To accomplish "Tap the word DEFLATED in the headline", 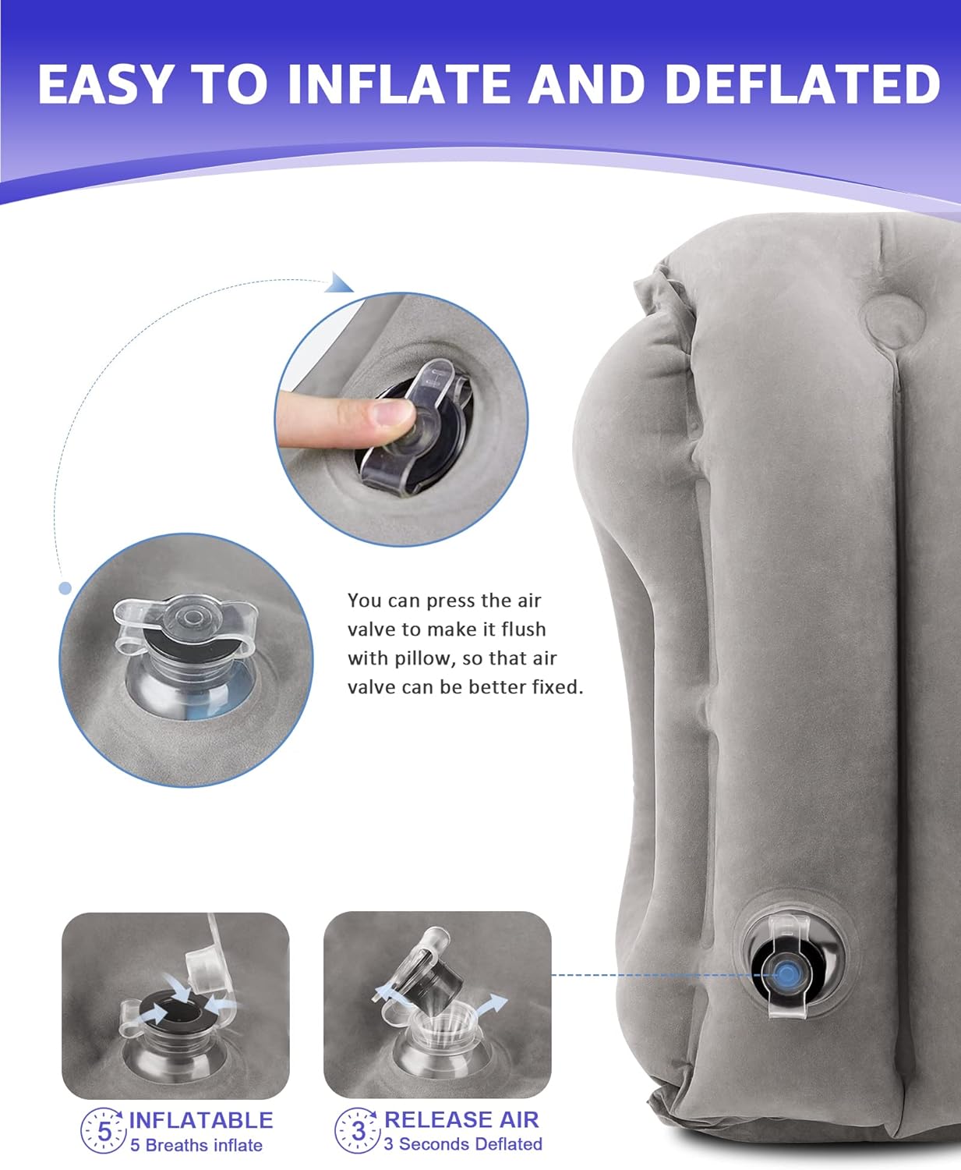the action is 803,84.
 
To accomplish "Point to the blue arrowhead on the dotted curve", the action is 339,283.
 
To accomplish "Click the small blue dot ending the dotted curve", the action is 65,588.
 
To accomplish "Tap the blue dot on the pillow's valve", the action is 786,988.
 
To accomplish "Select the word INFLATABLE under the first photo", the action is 200,1120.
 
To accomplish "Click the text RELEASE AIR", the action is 461,1119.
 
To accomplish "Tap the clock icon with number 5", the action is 104,1131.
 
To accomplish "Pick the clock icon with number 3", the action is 358,1131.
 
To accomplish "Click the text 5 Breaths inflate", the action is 196,1146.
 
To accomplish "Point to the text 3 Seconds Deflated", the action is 463,1144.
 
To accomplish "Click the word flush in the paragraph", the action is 524,629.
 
